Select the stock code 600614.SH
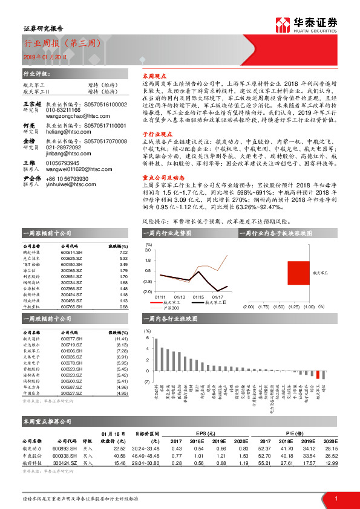72,253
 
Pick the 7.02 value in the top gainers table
123,253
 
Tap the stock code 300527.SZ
72,394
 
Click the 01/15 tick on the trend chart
198,297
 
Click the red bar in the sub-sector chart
299,273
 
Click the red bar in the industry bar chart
318,374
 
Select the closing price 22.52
119,448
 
